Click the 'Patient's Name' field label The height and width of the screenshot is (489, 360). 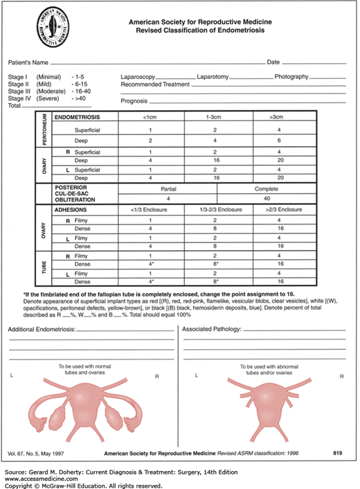point(28,62)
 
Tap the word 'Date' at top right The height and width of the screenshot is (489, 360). point(273,62)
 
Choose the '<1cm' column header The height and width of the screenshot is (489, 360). point(150,118)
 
